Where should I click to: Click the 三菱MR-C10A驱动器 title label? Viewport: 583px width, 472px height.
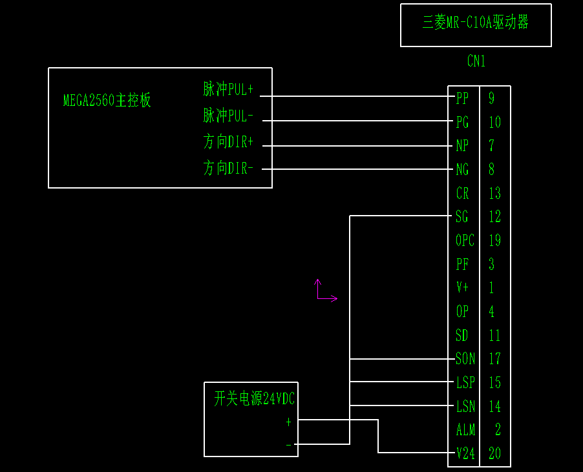click(x=476, y=23)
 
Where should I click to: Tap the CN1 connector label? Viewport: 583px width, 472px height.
click(x=476, y=61)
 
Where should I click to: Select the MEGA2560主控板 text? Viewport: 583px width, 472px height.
click(x=107, y=101)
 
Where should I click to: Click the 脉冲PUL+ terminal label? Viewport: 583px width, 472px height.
click(x=228, y=90)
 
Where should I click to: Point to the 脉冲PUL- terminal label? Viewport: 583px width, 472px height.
click(x=228, y=116)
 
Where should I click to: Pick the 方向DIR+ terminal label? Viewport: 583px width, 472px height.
click(x=228, y=142)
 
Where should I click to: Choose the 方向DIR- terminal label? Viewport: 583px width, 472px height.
click(x=228, y=169)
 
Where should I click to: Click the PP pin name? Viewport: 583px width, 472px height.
click(x=462, y=99)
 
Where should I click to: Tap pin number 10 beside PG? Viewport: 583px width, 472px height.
click(x=494, y=123)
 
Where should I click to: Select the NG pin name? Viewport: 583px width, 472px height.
click(x=462, y=170)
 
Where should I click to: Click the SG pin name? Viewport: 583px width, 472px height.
click(x=462, y=217)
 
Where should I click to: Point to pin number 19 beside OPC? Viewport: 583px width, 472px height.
click(x=494, y=241)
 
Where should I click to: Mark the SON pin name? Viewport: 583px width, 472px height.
click(x=465, y=359)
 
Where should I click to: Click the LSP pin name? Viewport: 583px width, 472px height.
click(x=465, y=383)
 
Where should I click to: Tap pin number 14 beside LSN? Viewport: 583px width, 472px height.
click(x=494, y=407)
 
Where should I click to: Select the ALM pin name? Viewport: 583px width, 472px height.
click(x=465, y=430)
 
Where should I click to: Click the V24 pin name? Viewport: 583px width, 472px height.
click(x=465, y=454)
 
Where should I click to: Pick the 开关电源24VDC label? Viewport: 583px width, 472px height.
click(x=254, y=400)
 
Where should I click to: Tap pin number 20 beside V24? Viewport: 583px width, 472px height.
click(x=494, y=454)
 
